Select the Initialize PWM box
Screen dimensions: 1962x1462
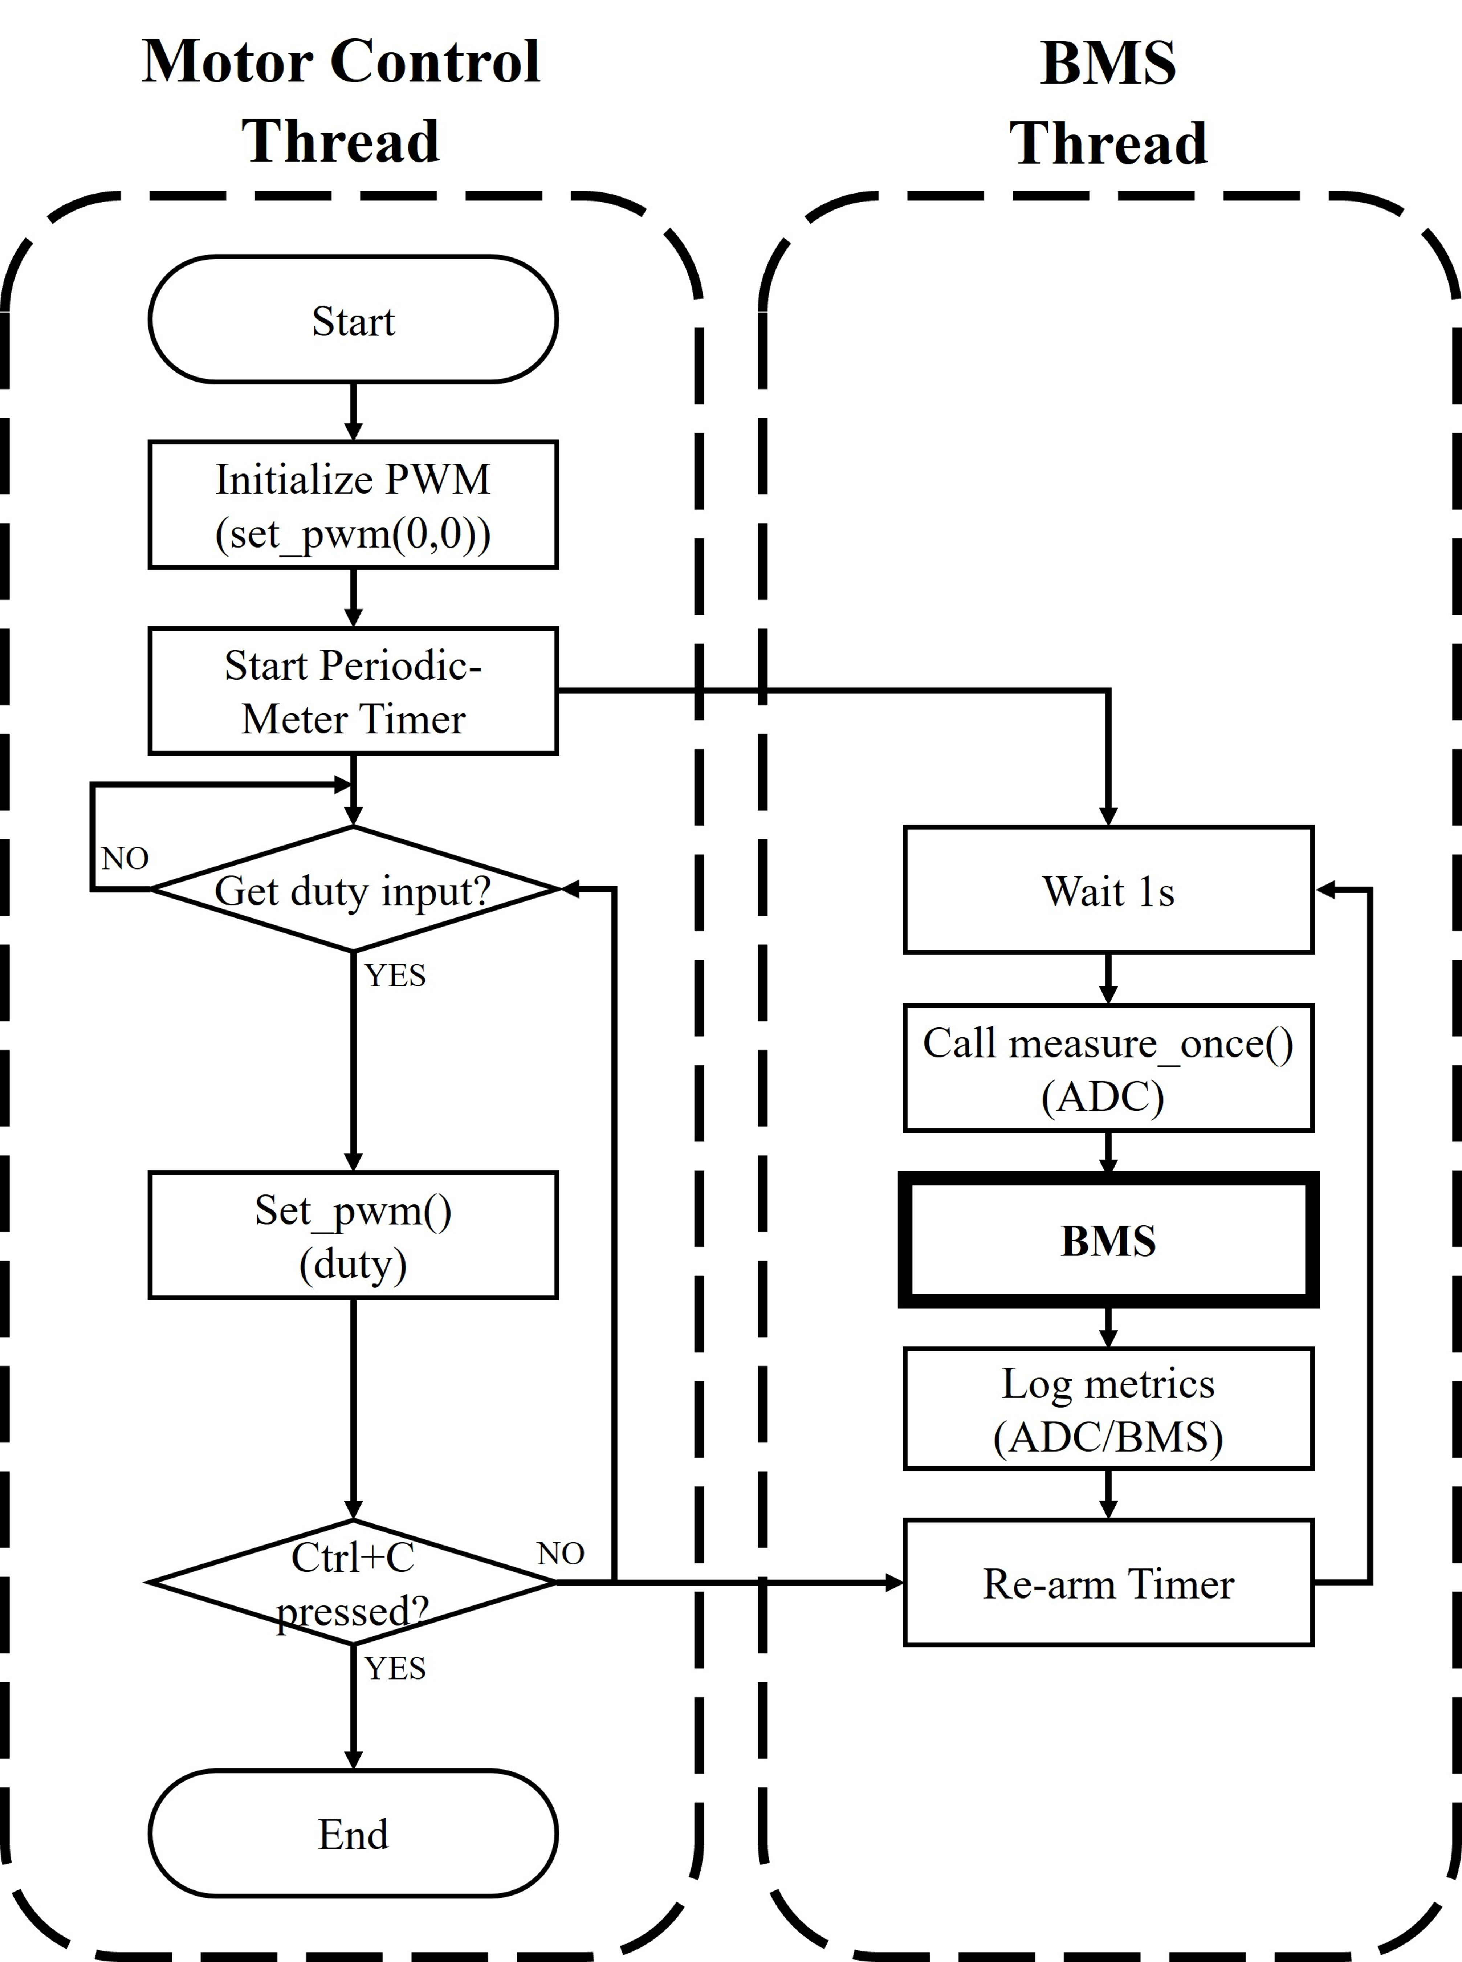[353, 504]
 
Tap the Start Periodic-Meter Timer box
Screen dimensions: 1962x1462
[353, 691]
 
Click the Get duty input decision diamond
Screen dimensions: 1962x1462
[353, 890]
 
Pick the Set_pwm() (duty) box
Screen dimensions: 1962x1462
[353, 1236]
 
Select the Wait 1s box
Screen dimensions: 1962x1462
[1108, 890]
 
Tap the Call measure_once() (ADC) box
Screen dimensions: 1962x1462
[1108, 1068]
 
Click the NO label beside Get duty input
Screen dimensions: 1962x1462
[125, 858]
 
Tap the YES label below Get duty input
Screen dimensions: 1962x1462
[395, 975]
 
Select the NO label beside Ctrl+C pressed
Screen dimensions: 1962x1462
[560, 1553]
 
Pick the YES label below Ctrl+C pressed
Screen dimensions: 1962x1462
[395, 1668]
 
